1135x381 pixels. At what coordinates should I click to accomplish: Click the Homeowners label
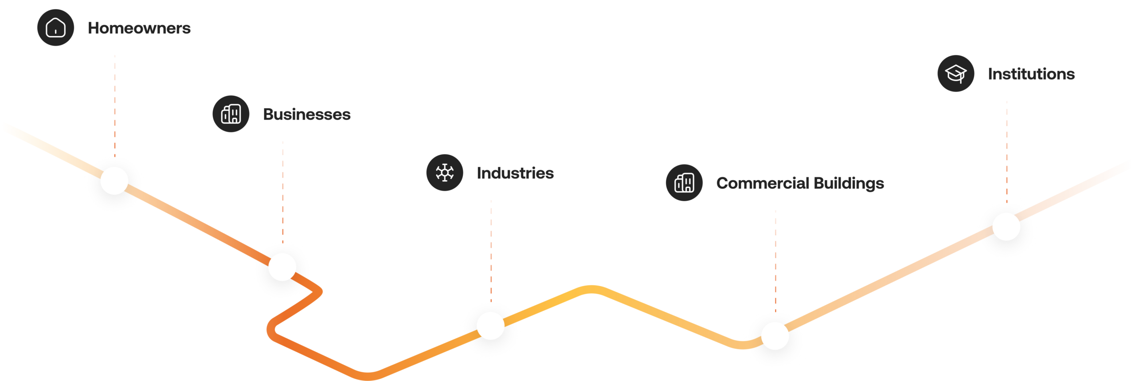click(139, 28)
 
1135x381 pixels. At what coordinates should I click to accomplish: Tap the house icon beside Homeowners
click(55, 27)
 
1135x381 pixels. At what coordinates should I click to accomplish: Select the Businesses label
click(307, 114)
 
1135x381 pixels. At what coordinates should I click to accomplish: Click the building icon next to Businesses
click(231, 114)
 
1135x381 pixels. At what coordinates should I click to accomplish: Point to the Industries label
click(515, 173)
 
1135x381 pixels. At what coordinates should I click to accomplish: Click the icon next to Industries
click(445, 173)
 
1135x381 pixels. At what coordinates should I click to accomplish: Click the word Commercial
click(763, 183)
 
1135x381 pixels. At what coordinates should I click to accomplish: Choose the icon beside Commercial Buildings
click(684, 183)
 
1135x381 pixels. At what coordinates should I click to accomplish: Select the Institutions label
click(1031, 74)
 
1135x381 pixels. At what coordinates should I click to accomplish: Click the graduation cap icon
click(956, 73)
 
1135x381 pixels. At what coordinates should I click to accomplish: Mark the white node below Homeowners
click(114, 181)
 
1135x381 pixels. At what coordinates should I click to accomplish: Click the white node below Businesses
click(282, 267)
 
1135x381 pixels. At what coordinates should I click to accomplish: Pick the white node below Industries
click(491, 326)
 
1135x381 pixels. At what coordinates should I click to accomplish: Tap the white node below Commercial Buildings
click(775, 336)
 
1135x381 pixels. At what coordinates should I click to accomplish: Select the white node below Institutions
click(1006, 227)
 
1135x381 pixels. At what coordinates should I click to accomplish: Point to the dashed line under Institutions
click(1007, 152)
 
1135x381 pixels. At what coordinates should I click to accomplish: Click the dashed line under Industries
click(491, 251)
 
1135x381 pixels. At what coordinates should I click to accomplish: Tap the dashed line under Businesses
click(283, 192)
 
